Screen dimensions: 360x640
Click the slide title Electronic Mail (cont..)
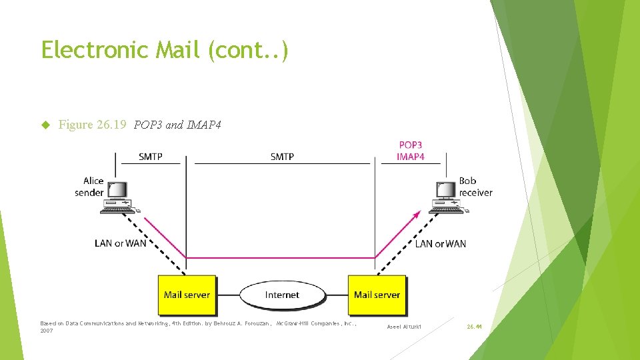[x=165, y=50]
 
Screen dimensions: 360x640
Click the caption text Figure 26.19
[x=92, y=125]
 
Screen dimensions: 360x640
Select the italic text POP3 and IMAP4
[x=177, y=125]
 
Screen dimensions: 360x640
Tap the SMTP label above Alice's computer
[x=151, y=157]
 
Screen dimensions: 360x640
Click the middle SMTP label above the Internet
[x=282, y=157]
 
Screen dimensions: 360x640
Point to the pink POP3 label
[x=410, y=145]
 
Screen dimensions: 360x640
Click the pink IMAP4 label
[x=410, y=157]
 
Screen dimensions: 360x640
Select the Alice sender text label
[x=89, y=187]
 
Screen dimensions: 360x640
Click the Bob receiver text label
[x=475, y=187]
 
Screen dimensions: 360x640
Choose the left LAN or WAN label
[x=120, y=243]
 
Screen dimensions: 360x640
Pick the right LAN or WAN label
[x=441, y=243]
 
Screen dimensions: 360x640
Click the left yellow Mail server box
[x=187, y=295]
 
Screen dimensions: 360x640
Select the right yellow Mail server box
[x=377, y=295]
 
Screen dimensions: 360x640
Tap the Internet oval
[x=282, y=295]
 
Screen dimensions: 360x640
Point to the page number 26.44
[x=474, y=327]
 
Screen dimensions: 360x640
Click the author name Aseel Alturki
[x=405, y=327]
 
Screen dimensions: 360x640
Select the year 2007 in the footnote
[x=47, y=331]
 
